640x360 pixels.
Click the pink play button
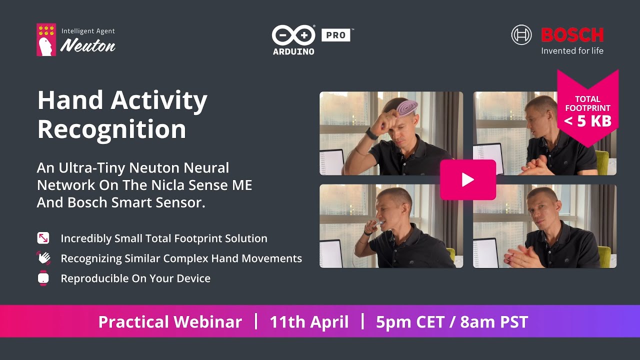pyautogui.click(x=467, y=179)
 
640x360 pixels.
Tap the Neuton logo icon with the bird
pyautogui.click(x=46, y=39)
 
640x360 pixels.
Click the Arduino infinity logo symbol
pyautogui.click(x=293, y=35)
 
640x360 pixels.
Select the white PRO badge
pyautogui.click(x=335, y=35)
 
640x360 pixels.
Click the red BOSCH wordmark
pyautogui.click(x=572, y=35)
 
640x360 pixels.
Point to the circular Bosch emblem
pyautogui.click(x=521, y=35)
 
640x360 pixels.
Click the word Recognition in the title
pyautogui.click(x=111, y=129)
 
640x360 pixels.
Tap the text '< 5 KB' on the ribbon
pyautogui.click(x=587, y=121)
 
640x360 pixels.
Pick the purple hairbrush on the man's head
pyautogui.click(x=407, y=107)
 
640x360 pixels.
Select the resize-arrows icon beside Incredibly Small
pyautogui.click(x=43, y=238)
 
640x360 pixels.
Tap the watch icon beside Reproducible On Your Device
pyautogui.click(x=43, y=278)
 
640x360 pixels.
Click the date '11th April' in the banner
pyautogui.click(x=309, y=321)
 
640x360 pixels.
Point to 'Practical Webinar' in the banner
pyautogui.click(x=170, y=321)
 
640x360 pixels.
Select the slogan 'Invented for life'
pyautogui.click(x=572, y=50)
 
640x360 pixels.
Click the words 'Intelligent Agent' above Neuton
pyautogui.click(x=88, y=31)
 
